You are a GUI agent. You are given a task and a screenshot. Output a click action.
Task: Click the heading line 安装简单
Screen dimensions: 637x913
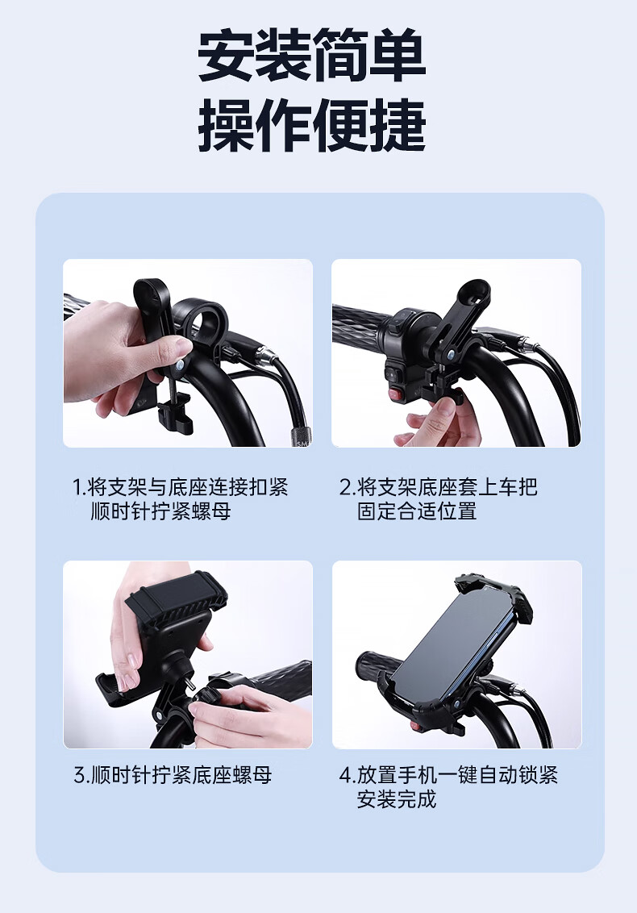pos(312,56)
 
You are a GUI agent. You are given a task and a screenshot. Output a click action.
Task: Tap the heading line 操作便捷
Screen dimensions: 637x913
pos(312,126)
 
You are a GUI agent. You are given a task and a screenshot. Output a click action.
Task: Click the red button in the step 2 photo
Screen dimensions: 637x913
pos(398,394)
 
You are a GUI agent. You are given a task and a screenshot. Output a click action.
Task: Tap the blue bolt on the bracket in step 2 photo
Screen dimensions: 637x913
pos(452,352)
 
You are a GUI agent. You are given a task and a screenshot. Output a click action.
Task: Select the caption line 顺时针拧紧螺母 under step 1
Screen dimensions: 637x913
pos(161,511)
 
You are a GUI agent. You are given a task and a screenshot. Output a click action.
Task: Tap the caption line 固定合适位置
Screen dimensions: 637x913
pos(417,511)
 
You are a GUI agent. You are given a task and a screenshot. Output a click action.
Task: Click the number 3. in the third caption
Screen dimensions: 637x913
pos(81,776)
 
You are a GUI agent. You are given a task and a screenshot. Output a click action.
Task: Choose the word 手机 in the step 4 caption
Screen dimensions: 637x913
pos(417,776)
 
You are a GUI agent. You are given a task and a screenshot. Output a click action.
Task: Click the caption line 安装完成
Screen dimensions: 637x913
pos(397,799)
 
